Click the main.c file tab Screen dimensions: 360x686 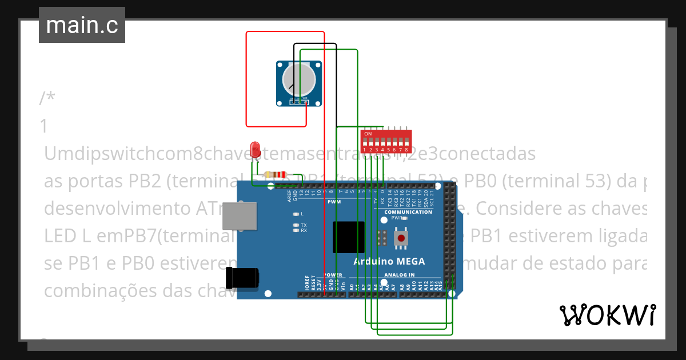(x=82, y=25)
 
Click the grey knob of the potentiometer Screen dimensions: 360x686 (x=300, y=80)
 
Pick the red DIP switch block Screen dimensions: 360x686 (x=386, y=141)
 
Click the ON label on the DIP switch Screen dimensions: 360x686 (x=368, y=134)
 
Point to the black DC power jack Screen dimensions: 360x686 (x=242, y=278)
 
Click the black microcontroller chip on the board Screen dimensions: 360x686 (x=348, y=237)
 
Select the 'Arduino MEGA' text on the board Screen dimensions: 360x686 (x=389, y=262)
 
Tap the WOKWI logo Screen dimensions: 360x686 (x=607, y=315)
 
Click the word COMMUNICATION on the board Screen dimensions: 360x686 (x=408, y=212)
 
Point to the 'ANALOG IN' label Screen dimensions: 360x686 (x=399, y=275)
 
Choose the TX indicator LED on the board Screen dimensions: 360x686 (x=296, y=225)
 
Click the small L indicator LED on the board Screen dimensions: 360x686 (x=296, y=214)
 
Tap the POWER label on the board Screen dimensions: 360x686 (x=333, y=275)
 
